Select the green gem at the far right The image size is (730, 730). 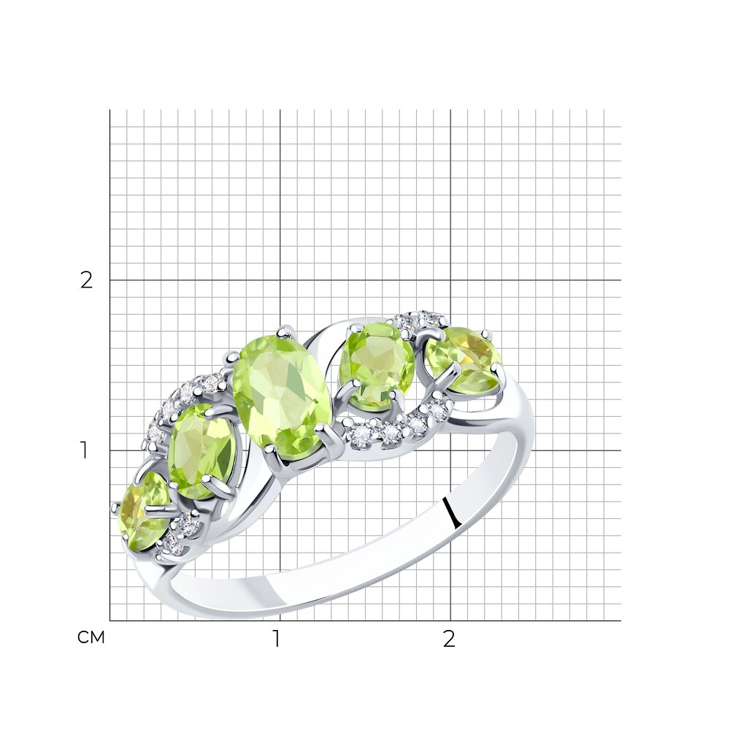pos(464,360)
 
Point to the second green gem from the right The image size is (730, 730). pos(377,366)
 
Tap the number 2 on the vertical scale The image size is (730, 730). pos(87,280)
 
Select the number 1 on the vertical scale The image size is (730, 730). pos(84,450)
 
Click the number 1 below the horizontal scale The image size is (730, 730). pos(277,639)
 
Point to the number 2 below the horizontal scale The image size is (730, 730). pos(448,639)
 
